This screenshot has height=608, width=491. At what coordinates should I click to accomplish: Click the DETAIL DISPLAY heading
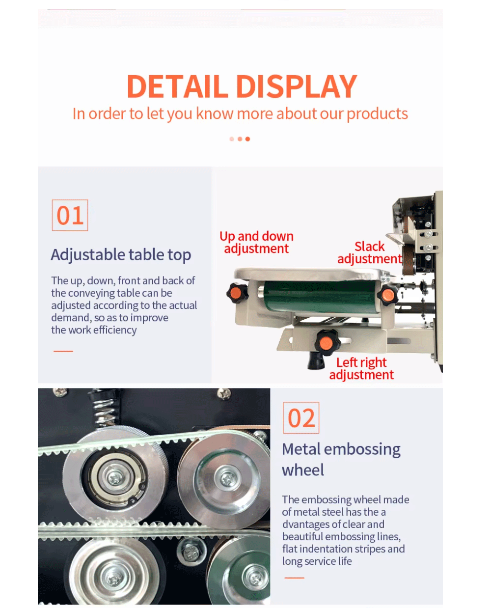(x=242, y=86)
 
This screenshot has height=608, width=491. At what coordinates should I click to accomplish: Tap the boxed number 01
(x=70, y=215)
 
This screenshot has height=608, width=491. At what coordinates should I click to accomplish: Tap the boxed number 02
(x=300, y=417)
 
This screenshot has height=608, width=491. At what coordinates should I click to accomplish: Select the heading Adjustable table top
(x=121, y=254)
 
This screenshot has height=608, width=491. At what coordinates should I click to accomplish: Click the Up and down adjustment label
(x=256, y=242)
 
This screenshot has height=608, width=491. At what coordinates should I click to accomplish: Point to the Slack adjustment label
(x=369, y=252)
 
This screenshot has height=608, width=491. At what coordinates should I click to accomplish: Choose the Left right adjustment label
(x=361, y=368)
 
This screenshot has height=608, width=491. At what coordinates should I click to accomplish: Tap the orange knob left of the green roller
(x=237, y=293)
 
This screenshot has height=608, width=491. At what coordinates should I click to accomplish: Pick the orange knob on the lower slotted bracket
(x=327, y=342)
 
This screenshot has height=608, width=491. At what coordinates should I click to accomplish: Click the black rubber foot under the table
(x=316, y=360)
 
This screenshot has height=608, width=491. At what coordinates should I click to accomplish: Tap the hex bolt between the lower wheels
(x=191, y=552)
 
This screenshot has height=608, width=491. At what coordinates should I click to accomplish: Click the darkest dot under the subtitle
(x=247, y=139)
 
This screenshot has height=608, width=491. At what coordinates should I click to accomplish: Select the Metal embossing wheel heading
(x=341, y=459)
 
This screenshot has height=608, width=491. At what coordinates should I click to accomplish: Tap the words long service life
(x=317, y=561)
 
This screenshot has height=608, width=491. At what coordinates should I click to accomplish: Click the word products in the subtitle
(x=377, y=114)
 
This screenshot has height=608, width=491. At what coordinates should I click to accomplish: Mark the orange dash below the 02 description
(x=295, y=578)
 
